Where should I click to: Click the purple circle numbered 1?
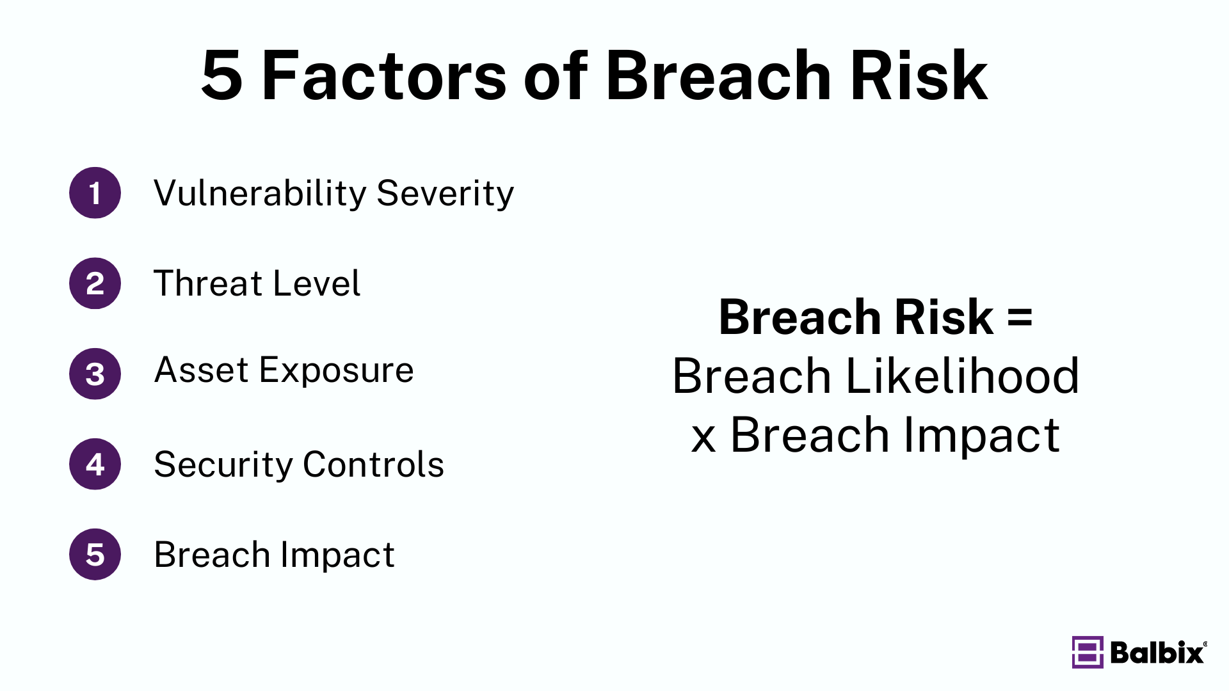click(95, 193)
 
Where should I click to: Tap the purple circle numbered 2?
click(95, 283)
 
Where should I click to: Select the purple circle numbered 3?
click(95, 374)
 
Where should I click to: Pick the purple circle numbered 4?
click(95, 464)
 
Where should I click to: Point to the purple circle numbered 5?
click(95, 554)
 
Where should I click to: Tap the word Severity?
click(445, 193)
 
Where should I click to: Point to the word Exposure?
click(336, 371)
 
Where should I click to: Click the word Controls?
click(373, 465)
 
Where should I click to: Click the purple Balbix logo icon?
click(1087, 652)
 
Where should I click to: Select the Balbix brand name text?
click(1157, 653)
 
